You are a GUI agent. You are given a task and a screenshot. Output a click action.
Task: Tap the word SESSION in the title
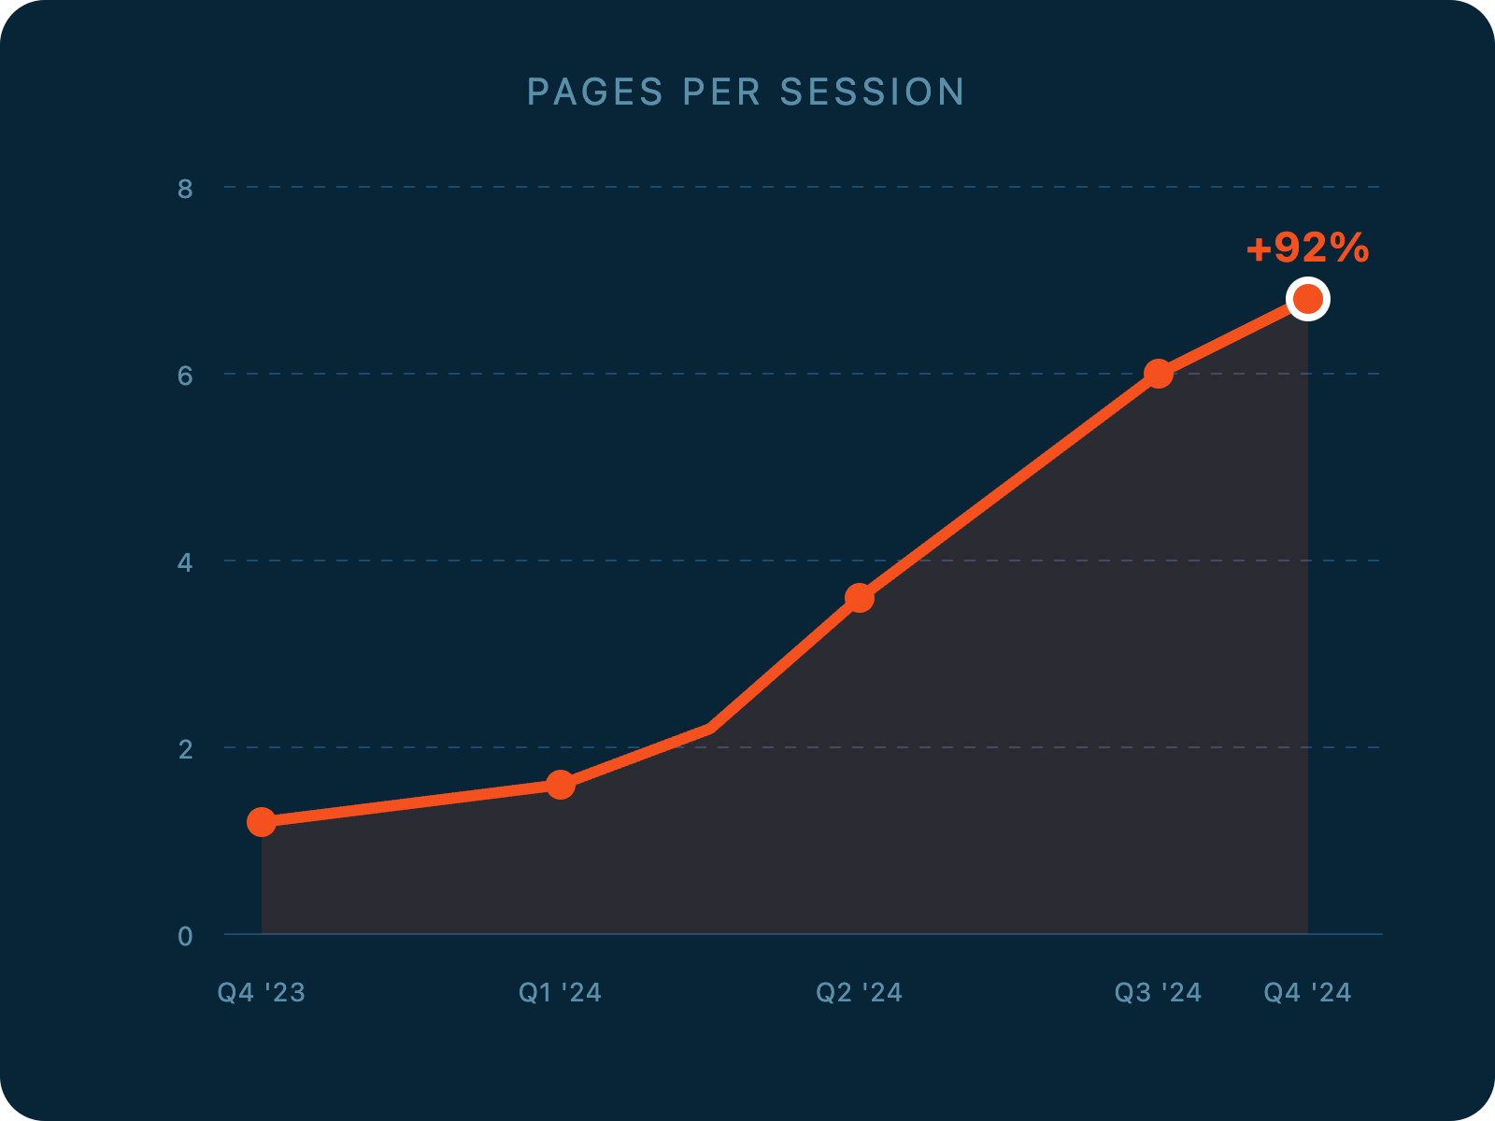point(873,92)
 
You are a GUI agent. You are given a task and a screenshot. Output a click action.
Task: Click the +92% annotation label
point(1307,248)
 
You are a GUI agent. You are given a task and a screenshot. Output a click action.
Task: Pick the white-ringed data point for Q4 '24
point(1308,299)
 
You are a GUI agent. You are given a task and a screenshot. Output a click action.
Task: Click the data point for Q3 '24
point(1159,374)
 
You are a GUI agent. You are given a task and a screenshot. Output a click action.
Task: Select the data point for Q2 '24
point(860,598)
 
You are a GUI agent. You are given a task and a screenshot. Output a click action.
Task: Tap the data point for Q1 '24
point(561,785)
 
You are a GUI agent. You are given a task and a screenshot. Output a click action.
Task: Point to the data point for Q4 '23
point(262,822)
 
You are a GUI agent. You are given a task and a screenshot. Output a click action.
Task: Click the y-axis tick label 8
point(185,189)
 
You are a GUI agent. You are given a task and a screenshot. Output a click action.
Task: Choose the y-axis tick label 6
point(185,376)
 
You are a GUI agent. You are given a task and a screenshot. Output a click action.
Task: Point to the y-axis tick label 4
point(185,562)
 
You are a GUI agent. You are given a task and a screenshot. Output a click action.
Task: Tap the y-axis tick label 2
point(185,749)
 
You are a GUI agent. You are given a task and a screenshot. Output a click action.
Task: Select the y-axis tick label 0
point(185,936)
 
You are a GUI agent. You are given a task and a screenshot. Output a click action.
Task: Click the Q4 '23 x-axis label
point(262,992)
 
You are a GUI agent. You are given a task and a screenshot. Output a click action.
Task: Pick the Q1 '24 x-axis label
point(561,992)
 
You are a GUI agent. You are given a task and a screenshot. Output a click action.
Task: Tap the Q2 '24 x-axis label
point(860,992)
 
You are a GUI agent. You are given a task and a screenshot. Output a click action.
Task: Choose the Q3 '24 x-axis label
point(1159,992)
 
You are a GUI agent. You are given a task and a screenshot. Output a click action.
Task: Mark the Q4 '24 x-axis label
point(1308,992)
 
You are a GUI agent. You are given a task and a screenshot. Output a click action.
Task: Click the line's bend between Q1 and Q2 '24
point(710,728)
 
